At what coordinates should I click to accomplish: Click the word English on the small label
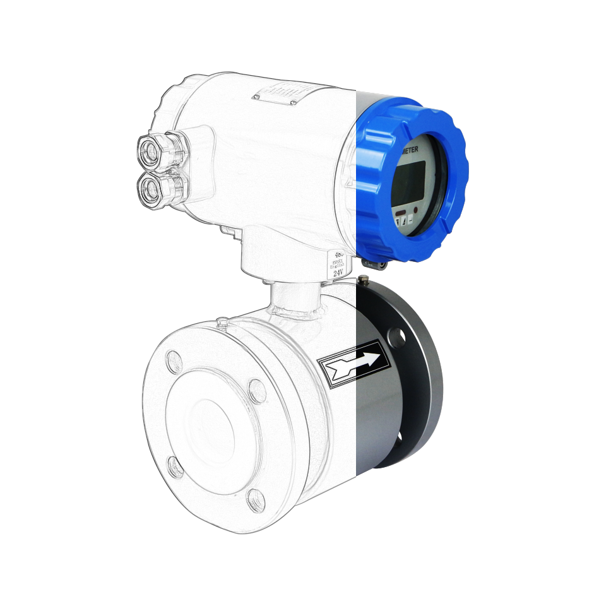pyautogui.click(x=337, y=266)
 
